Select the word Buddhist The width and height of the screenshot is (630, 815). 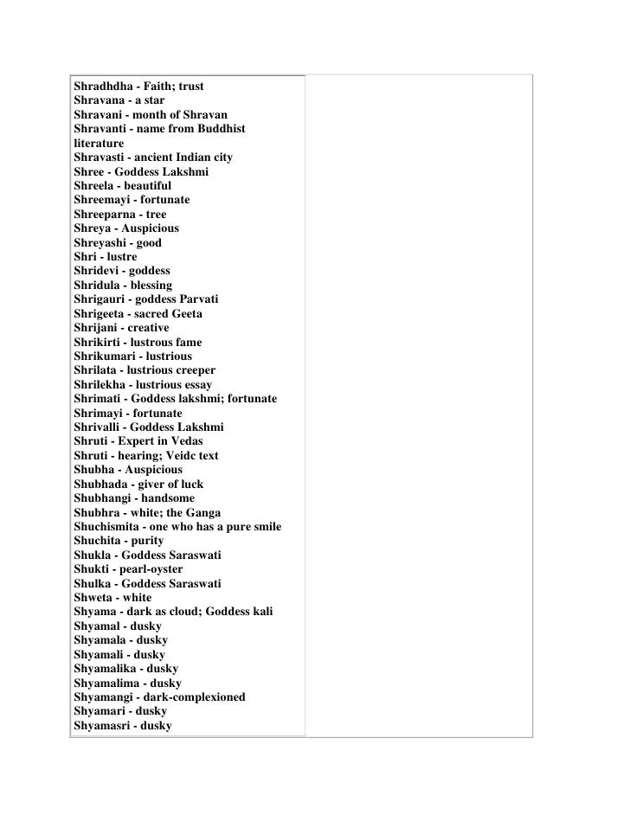point(216,129)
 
